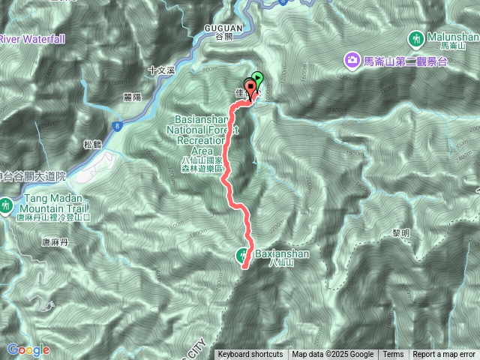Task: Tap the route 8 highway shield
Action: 118,127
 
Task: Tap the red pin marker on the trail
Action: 250,87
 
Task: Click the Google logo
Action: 28,349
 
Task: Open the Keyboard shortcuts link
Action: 250,355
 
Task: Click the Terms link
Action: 393,355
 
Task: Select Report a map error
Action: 444,355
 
